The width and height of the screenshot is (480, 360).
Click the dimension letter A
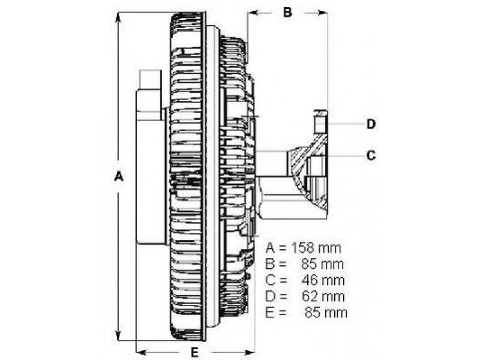pyautogui.click(x=118, y=176)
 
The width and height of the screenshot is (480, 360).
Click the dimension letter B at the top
pyautogui.click(x=287, y=12)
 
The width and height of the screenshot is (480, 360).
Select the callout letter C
pyautogui.click(x=371, y=155)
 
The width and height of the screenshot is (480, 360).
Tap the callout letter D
pyautogui.click(x=371, y=124)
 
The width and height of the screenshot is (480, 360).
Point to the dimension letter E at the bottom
pyautogui.click(x=194, y=353)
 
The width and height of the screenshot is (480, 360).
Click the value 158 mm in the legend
pyautogui.click(x=316, y=248)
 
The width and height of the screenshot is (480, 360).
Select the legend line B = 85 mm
pyautogui.click(x=304, y=264)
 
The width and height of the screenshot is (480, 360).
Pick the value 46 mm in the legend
pyautogui.click(x=323, y=280)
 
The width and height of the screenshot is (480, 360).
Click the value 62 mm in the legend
pyautogui.click(x=323, y=296)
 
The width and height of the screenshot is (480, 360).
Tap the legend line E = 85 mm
pyautogui.click(x=306, y=313)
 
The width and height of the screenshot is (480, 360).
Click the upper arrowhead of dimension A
pyautogui.click(x=118, y=18)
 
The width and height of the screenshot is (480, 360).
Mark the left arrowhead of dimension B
pyautogui.click(x=253, y=13)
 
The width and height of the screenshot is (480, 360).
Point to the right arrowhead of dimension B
pyautogui.click(x=322, y=13)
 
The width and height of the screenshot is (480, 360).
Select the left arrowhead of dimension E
pyautogui.click(x=142, y=351)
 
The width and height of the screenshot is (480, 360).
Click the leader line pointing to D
pyautogui.click(x=346, y=124)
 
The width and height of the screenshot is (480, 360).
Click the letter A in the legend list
pyautogui.click(x=270, y=248)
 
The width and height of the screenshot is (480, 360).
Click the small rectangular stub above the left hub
pyautogui.click(x=151, y=80)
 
